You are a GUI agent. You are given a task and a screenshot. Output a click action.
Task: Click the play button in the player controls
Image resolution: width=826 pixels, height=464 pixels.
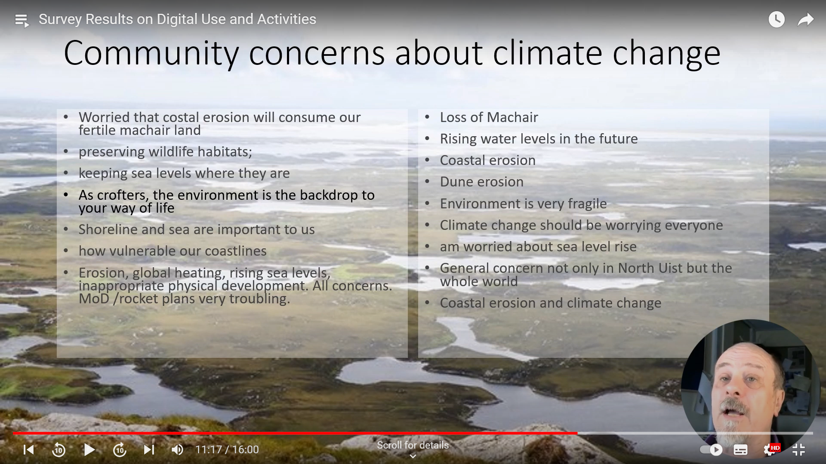(x=89, y=449)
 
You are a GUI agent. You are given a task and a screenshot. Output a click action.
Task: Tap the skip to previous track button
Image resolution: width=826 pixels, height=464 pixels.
(x=28, y=449)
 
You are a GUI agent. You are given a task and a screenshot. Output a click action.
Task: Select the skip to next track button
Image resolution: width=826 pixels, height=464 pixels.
(x=149, y=449)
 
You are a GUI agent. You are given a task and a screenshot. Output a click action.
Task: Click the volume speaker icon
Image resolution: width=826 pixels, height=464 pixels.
(x=177, y=449)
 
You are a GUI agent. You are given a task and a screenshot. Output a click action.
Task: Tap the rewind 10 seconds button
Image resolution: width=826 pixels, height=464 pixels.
(x=59, y=449)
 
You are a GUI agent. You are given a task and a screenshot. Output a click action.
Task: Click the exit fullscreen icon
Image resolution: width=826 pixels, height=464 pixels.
(x=798, y=449)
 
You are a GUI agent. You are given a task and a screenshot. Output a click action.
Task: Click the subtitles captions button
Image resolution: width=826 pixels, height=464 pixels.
(x=740, y=450)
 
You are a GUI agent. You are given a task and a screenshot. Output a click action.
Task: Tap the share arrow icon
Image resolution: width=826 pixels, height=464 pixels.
(x=805, y=19)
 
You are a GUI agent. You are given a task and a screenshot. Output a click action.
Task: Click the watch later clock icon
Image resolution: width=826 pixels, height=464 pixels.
(x=777, y=19)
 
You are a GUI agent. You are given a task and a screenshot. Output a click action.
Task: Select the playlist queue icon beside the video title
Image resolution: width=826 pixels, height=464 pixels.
(x=22, y=20)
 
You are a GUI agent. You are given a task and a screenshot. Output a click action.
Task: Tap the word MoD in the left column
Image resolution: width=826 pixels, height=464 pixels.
(x=94, y=299)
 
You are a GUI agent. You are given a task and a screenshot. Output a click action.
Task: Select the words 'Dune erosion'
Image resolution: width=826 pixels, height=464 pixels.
(x=481, y=182)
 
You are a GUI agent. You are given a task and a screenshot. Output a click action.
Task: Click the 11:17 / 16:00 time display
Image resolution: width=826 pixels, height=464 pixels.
(x=227, y=449)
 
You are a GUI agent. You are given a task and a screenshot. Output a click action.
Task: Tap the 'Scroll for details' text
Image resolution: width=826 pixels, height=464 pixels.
(x=413, y=445)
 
